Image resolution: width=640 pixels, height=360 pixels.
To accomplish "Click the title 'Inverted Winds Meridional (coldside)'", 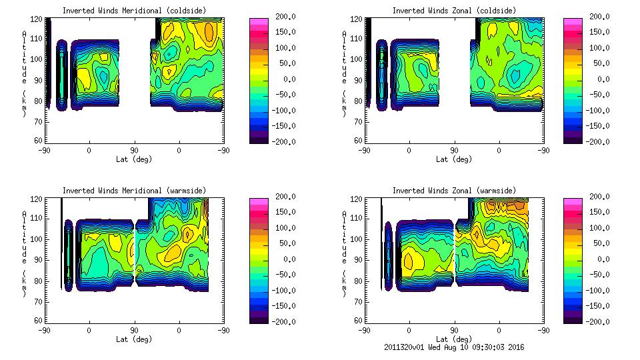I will (134, 10).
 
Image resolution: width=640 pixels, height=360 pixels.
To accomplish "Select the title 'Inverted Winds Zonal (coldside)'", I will (454, 10).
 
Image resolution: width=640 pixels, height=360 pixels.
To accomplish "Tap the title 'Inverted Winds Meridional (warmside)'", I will (134, 191).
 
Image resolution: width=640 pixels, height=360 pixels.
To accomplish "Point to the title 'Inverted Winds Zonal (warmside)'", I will (454, 191).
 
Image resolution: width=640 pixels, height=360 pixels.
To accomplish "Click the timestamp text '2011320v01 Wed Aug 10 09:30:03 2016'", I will (454, 347).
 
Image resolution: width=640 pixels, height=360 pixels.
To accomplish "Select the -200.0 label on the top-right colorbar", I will (598, 141).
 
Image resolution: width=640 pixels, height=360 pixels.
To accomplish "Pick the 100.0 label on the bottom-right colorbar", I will (598, 228).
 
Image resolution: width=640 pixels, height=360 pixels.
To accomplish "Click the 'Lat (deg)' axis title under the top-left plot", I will (134, 159).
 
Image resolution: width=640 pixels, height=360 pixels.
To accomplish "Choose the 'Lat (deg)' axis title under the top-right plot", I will (454, 159).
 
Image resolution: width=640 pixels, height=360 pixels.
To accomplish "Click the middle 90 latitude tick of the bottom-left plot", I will (134, 330).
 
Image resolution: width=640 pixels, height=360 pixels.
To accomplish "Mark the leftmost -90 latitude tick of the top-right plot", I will (365, 150).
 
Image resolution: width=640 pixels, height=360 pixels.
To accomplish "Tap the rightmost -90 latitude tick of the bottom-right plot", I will (544, 330).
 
